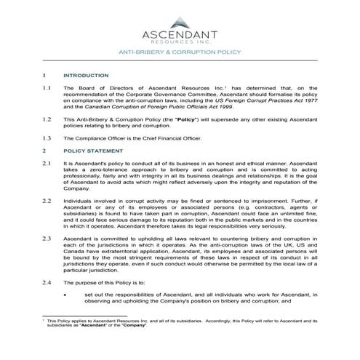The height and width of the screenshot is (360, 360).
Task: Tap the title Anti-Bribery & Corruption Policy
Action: click(180, 53)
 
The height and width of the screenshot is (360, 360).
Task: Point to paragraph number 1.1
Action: click(47, 88)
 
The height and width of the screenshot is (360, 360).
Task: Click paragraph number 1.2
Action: click(47, 118)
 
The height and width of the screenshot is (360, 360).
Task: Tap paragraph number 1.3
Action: click(47, 137)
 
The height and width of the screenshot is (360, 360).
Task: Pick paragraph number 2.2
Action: click(47, 199)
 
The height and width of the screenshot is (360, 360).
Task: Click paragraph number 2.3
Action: click(47, 238)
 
